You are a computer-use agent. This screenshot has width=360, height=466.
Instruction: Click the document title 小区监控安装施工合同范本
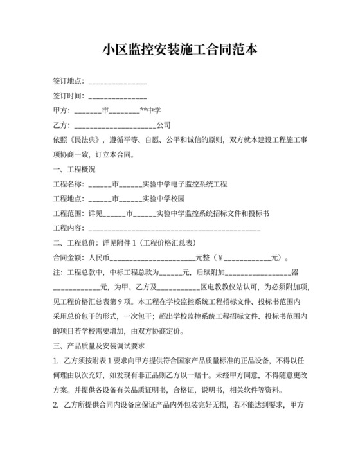[x=180, y=49]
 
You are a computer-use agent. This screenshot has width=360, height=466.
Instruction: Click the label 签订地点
[x=67, y=81]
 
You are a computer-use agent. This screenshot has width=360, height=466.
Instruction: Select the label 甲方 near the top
[x=60, y=111]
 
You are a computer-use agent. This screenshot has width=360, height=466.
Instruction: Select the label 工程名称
[x=67, y=184]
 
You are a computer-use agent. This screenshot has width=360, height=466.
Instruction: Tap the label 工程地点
[x=67, y=199]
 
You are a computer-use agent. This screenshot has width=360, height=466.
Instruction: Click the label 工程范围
[x=67, y=213]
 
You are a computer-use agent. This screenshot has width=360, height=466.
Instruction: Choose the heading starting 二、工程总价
[x=116, y=243]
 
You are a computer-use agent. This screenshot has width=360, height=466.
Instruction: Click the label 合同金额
[x=67, y=258]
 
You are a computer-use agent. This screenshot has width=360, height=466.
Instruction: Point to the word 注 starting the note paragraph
[x=56, y=273]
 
